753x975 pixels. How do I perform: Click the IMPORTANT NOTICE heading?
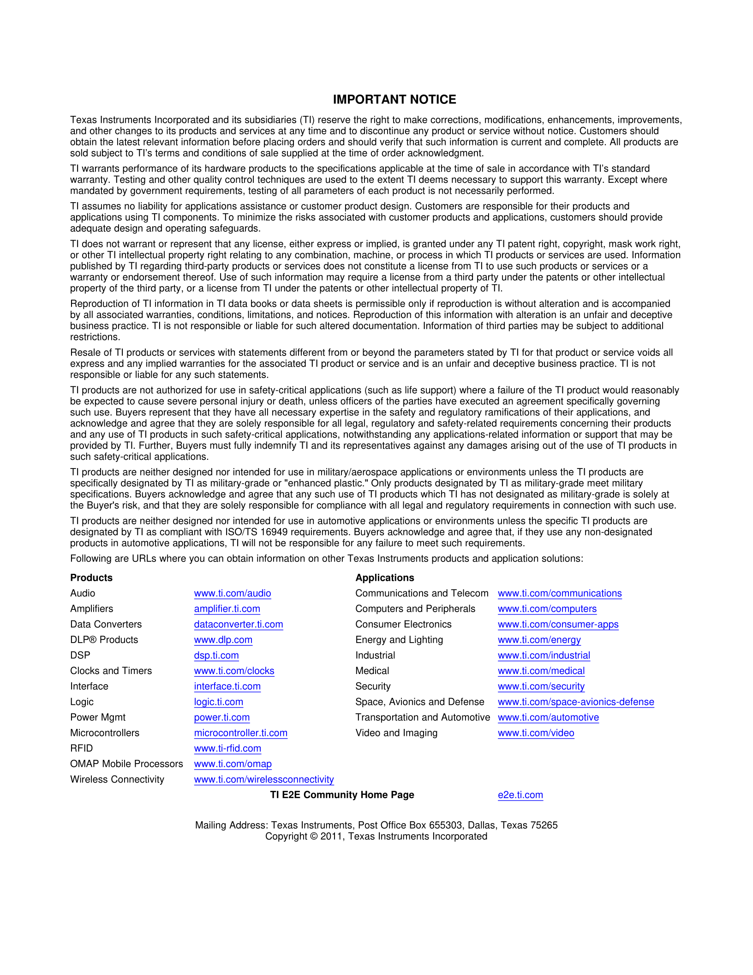pyautogui.click(x=394, y=100)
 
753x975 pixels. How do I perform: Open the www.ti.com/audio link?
pyautogui.click(x=233, y=593)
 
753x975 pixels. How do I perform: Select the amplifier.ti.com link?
pyautogui.click(x=227, y=609)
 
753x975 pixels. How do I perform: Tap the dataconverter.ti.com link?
pyautogui.click(x=239, y=624)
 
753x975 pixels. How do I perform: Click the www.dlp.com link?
pyautogui.click(x=223, y=640)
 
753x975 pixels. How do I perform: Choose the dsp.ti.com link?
pyautogui.click(x=216, y=655)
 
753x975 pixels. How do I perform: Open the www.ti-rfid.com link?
pyautogui.click(x=227, y=748)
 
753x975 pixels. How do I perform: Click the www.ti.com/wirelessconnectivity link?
pyautogui.click(x=264, y=779)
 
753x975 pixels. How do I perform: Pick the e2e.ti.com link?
pyautogui.click(x=520, y=795)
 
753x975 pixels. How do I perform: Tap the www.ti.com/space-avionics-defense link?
pyautogui.click(x=576, y=702)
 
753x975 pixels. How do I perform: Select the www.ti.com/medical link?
pyautogui.click(x=541, y=671)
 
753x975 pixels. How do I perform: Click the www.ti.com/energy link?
pyautogui.click(x=539, y=640)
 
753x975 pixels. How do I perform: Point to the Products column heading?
pyautogui.click(x=91, y=578)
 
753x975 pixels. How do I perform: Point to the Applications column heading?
pyautogui.click(x=385, y=578)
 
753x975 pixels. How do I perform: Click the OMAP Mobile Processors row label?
pyautogui.click(x=126, y=764)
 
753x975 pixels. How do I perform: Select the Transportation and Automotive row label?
pyautogui.click(x=423, y=717)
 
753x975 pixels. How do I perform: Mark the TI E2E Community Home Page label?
pyautogui.click(x=342, y=795)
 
